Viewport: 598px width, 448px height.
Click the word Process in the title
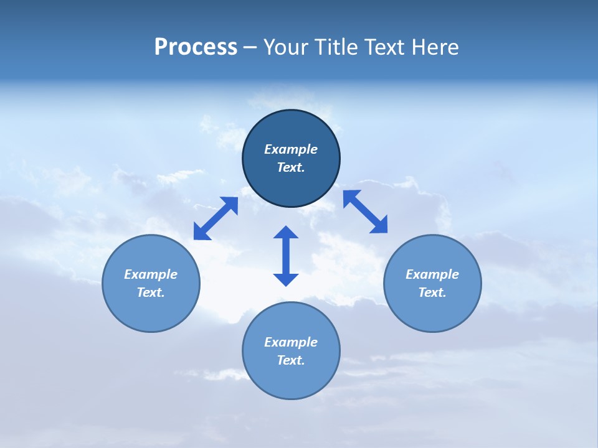click(196, 47)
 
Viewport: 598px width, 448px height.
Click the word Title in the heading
click(337, 47)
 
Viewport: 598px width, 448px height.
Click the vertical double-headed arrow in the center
click(286, 256)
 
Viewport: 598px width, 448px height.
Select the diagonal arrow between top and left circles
click(216, 218)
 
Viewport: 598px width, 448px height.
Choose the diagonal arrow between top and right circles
click(366, 212)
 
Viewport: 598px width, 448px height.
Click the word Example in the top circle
click(291, 149)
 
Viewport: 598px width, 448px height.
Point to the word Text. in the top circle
click(291, 167)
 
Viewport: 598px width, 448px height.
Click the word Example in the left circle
click(151, 274)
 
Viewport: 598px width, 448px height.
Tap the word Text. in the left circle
click(151, 292)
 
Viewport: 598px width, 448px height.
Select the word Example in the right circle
click(432, 274)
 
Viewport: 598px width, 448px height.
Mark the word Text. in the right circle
click(432, 292)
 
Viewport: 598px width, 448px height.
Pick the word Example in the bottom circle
click(291, 342)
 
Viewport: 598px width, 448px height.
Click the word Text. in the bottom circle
click(291, 360)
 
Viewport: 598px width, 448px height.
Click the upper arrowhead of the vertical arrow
click(286, 233)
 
